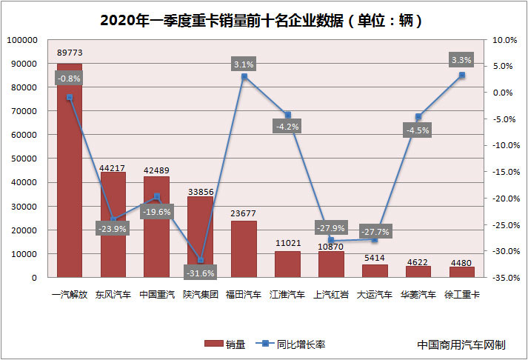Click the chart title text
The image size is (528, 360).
264,20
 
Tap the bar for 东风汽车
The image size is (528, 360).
113,225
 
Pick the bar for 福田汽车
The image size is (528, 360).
244,249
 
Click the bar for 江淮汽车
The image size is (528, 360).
287,264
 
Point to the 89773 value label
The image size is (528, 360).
70,53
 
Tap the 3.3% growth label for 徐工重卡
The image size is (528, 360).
461,59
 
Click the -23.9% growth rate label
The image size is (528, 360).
113,229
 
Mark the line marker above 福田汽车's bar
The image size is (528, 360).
244,76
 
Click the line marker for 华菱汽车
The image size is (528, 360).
418,116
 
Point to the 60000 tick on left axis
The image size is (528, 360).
24,135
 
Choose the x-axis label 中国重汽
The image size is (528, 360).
156,294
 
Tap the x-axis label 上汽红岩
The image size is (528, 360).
331,294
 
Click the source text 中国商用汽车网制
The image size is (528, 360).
461,344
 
